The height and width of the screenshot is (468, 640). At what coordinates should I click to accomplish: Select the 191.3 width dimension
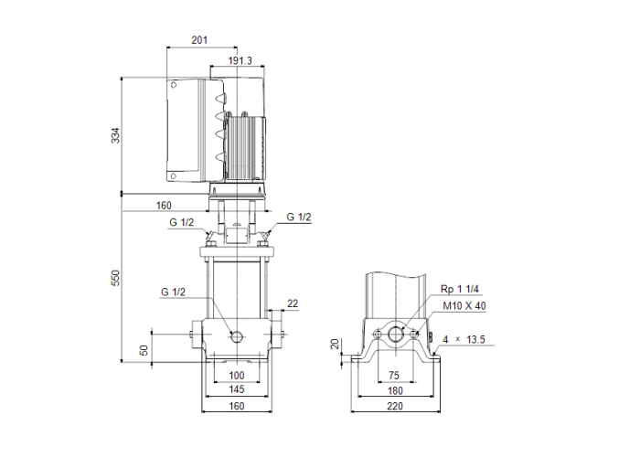tap(240, 60)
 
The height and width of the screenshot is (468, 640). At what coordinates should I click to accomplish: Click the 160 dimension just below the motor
tap(164, 206)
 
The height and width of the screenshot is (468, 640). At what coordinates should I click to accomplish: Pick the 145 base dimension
tap(236, 389)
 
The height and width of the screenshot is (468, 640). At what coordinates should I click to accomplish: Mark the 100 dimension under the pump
tap(236, 376)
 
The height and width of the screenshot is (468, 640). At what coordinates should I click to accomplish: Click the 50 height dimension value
tap(144, 350)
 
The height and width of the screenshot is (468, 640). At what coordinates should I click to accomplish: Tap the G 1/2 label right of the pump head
tap(299, 217)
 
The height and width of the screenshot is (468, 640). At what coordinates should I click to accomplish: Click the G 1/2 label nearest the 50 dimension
tap(173, 292)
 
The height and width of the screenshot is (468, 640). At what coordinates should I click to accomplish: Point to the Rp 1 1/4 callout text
tap(459, 289)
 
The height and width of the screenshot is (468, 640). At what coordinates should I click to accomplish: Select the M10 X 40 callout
tap(464, 306)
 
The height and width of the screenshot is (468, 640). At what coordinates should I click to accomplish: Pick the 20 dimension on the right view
tap(336, 344)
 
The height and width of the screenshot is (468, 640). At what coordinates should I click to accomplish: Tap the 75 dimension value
tap(394, 376)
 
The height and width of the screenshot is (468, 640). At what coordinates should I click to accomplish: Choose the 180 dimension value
tap(394, 389)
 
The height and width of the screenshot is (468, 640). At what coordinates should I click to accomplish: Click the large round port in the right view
tap(396, 335)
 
